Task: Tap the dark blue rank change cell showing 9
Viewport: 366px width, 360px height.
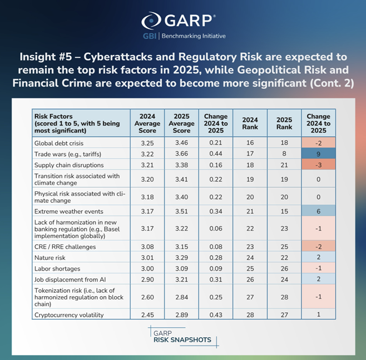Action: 318,154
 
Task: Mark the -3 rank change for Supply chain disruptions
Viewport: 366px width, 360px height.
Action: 318,165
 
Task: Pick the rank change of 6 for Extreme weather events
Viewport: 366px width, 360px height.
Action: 318,212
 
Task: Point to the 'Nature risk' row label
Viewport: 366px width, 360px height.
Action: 51,257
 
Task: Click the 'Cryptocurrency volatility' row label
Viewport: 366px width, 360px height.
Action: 70,315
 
